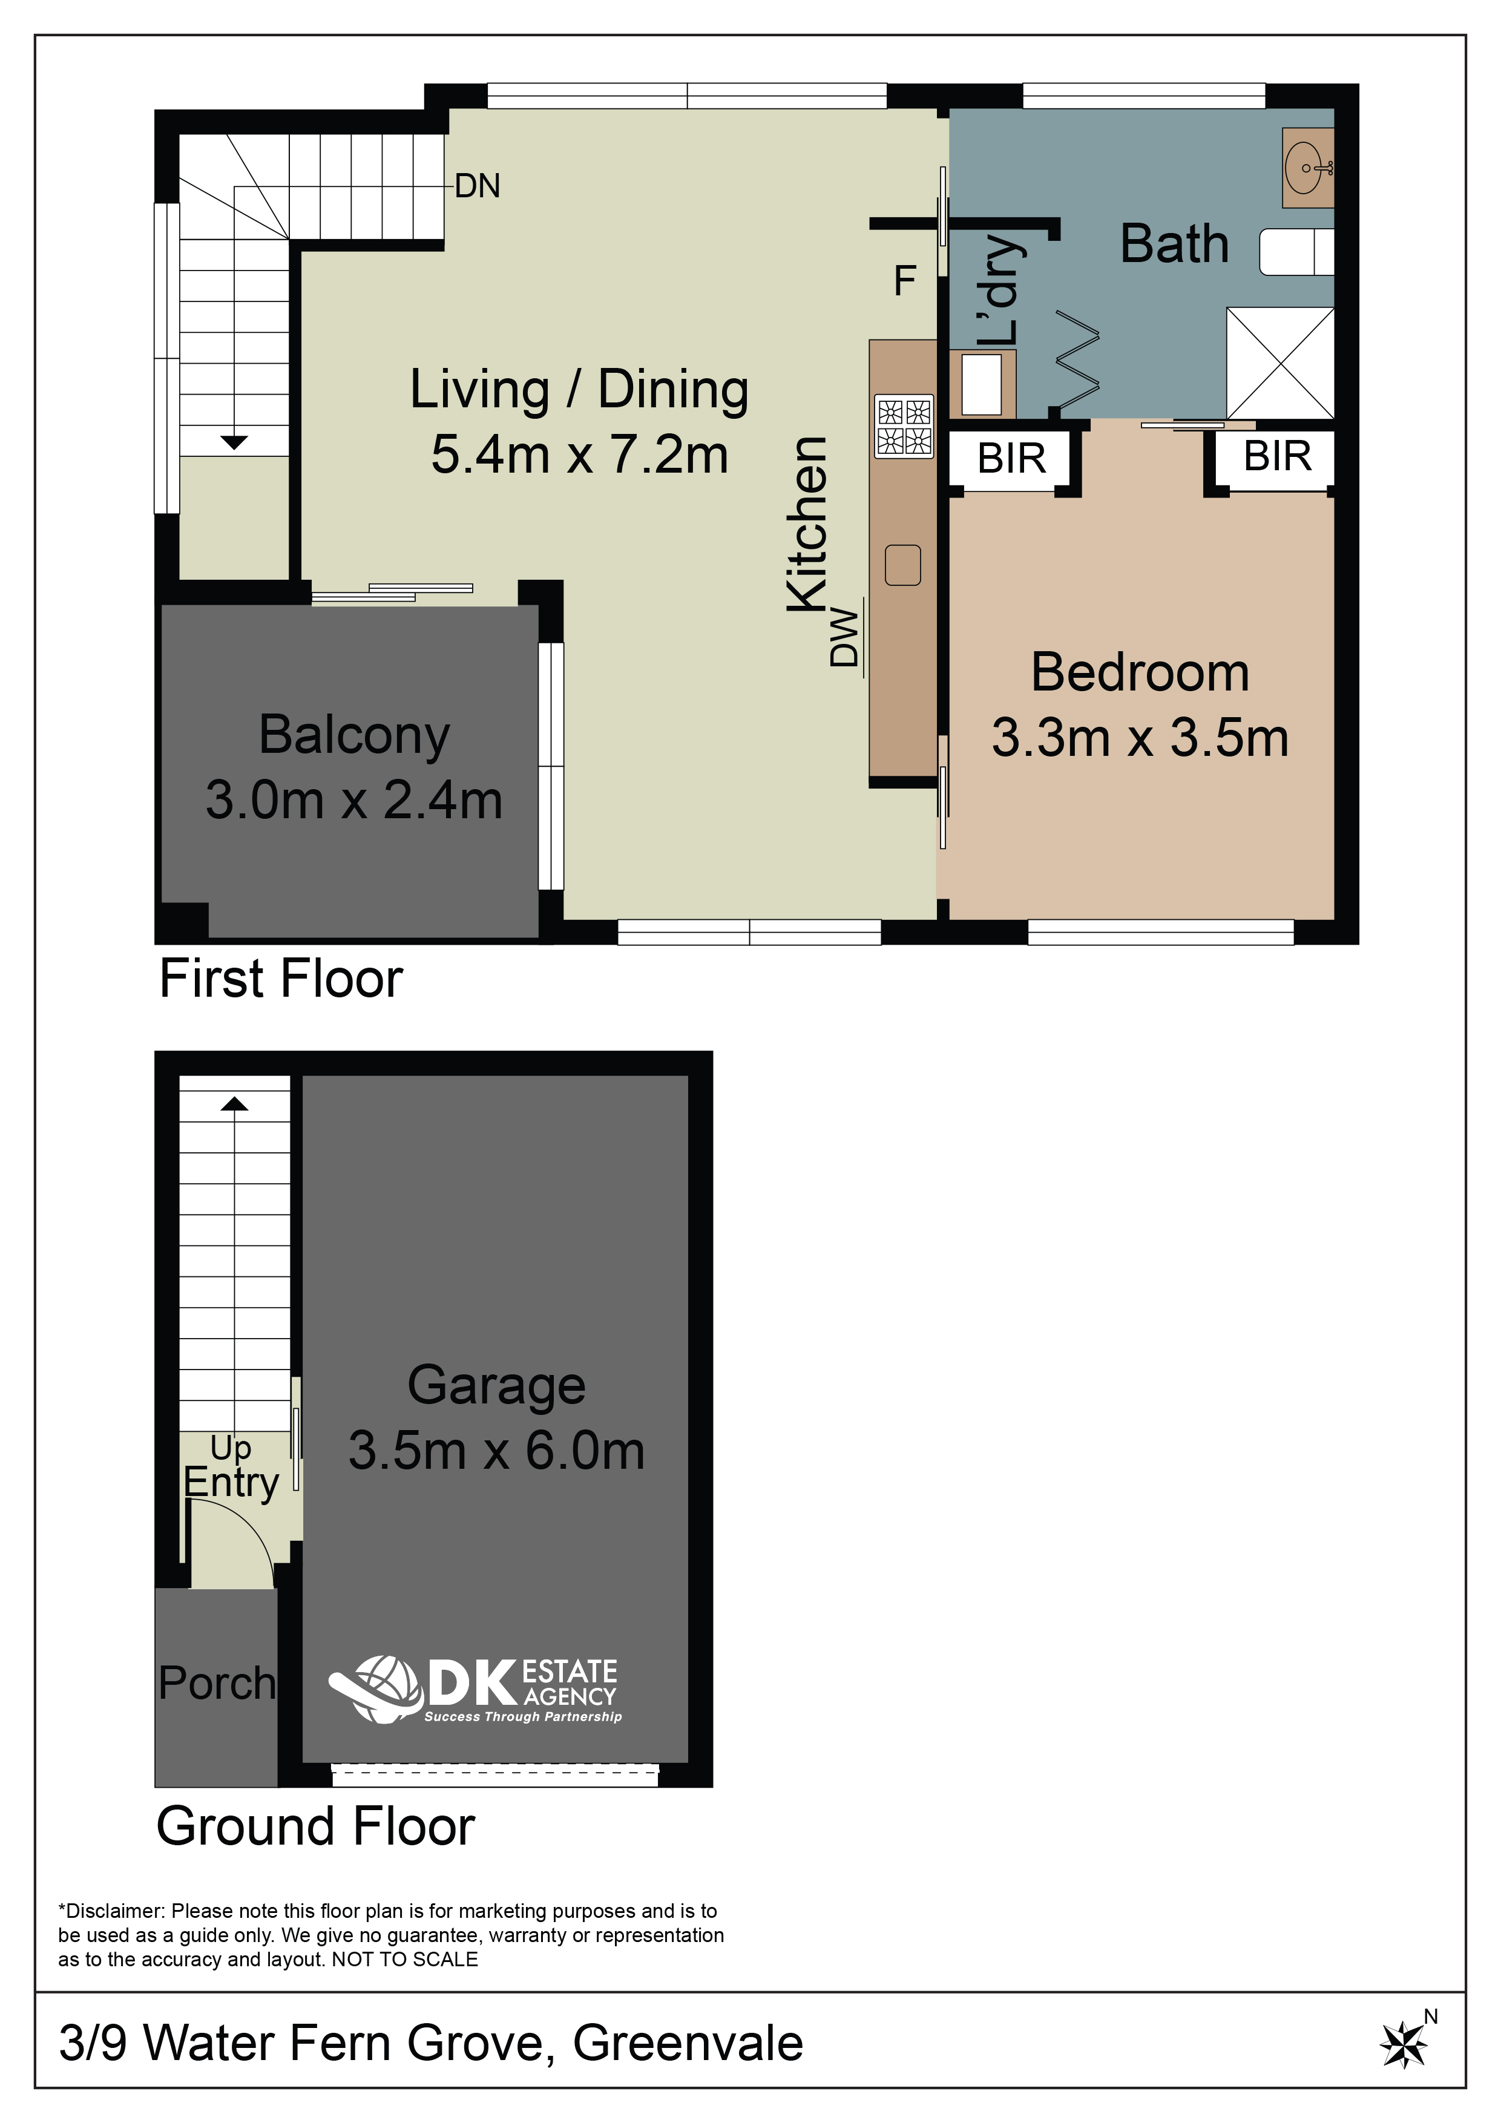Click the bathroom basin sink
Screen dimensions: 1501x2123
tap(1307, 168)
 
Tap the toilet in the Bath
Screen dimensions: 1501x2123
tap(1296, 252)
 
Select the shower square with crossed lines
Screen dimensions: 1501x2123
tap(1280, 363)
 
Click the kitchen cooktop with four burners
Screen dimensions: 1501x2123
tap(904, 425)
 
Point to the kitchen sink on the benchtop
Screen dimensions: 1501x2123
tap(902, 565)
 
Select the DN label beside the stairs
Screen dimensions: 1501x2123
tap(477, 186)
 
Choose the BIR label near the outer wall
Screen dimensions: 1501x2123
tap(1277, 456)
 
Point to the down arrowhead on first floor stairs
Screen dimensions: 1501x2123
tap(234, 443)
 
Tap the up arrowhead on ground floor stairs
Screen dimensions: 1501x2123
tap(234, 1103)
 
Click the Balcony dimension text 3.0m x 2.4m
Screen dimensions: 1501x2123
tap(353, 800)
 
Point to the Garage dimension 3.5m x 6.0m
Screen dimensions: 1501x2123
tap(497, 1450)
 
